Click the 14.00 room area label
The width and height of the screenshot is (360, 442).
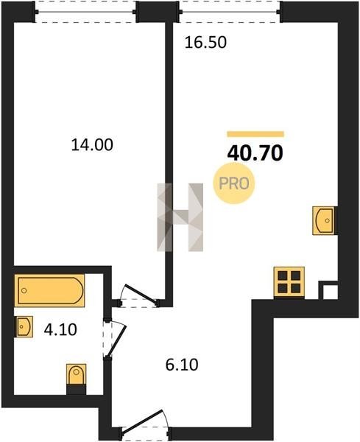(x=92, y=145)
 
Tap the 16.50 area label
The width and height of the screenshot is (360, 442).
(x=205, y=43)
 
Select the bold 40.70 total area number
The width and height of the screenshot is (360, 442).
(x=255, y=153)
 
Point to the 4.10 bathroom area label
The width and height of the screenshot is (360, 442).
(x=60, y=329)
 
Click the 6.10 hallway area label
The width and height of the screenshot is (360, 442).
(x=182, y=365)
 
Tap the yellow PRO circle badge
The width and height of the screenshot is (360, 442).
(x=234, y=183)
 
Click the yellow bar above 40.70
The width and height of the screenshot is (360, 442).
(x=255, y=134)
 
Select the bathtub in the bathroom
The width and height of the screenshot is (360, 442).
(x=49, y=291)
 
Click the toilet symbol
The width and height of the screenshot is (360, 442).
(x=76, y=379)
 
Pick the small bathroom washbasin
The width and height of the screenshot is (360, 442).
(x=24, y=326)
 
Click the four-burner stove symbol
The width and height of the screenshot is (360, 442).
(x=289, y=282)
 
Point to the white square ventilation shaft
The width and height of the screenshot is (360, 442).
(x=330, y=292)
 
